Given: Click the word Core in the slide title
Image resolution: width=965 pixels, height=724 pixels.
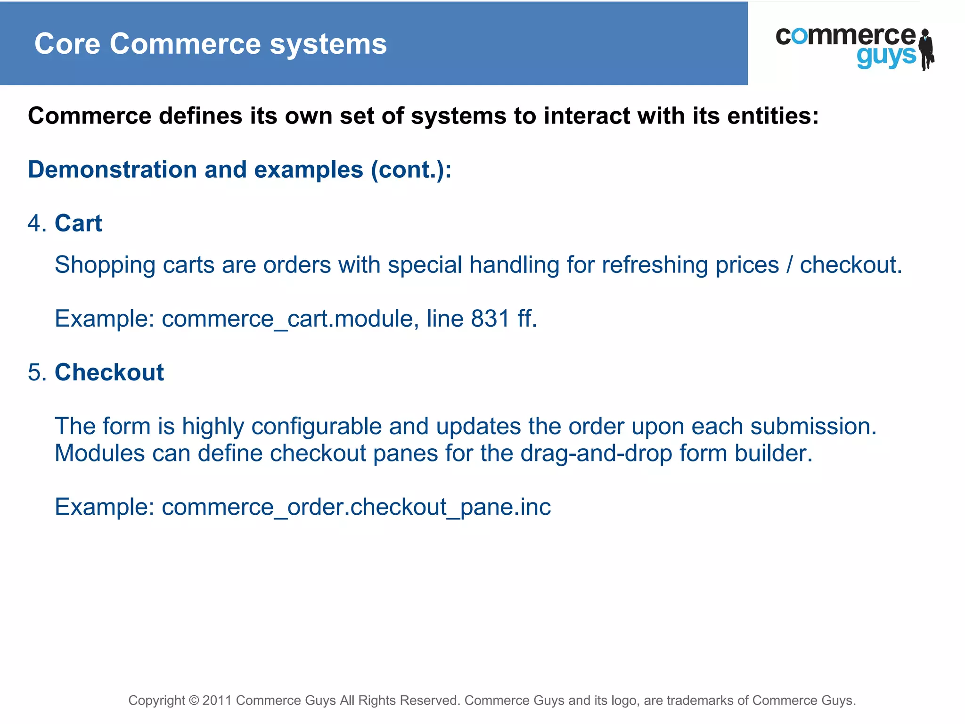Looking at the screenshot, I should coord(67,44).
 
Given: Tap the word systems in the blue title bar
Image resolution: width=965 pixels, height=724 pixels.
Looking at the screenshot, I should coord(328,44).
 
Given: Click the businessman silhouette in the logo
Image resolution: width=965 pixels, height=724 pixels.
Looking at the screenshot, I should coord(926,49).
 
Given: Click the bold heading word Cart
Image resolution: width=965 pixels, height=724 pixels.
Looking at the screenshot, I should coord(78,223).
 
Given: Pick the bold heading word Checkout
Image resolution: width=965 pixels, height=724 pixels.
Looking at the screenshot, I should coord(109,372).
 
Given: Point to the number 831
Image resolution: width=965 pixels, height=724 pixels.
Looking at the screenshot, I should coord(490,319).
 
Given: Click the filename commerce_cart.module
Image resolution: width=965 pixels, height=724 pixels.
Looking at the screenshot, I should coord(287,319).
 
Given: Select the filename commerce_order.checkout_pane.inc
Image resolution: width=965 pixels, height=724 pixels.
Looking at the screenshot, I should coord(356,507).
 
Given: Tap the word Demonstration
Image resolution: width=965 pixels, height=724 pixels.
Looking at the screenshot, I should coord(112,170).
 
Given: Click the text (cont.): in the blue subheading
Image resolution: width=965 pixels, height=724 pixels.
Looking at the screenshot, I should coord(411,170).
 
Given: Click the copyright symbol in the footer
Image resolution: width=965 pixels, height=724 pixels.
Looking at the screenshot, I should coord(194,700).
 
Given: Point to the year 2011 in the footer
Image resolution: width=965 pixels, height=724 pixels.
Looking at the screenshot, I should coord(217,700).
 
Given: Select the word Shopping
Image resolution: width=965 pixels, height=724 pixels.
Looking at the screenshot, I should coord(105,265).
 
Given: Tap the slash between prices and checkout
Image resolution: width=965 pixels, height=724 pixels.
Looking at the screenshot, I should coord(789,265).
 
